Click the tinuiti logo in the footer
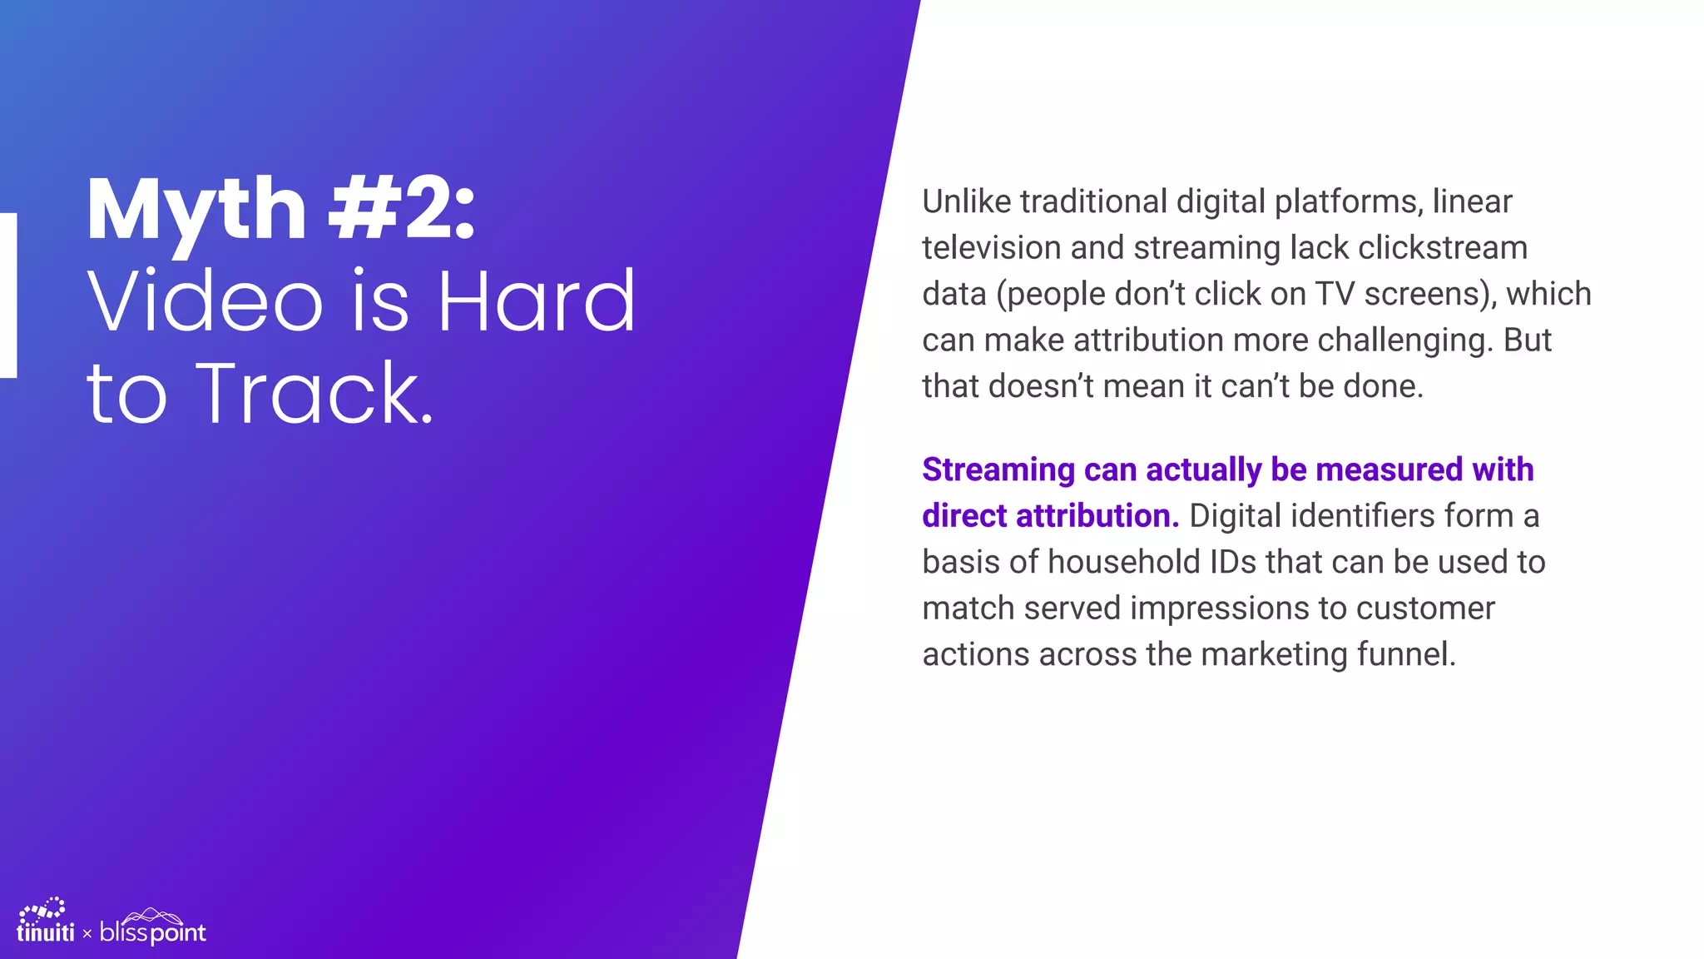tap(45, 923)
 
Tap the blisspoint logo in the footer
tap(153, 928)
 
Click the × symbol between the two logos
tap(87, 934)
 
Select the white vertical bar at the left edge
tap(7, 296)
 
